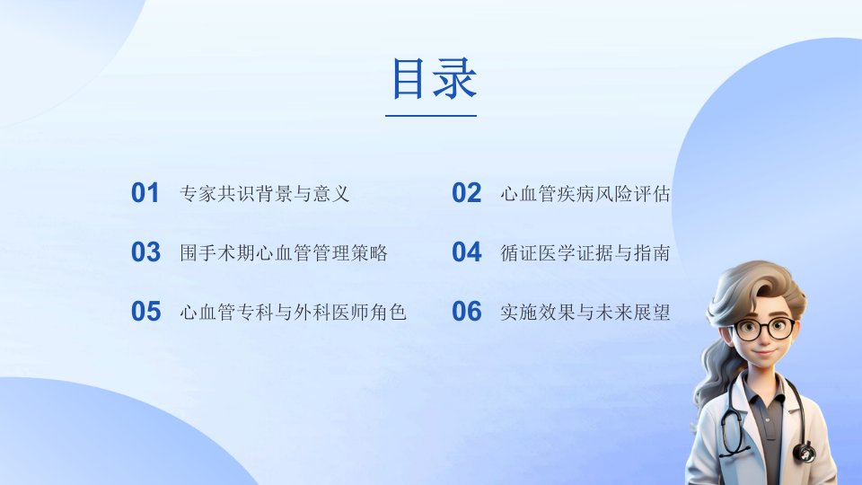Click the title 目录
(x=434, y=79)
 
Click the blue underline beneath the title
(x=431, y=116)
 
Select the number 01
(x=145, y=193)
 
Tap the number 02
(x=466, y=193)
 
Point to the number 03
(x=145, y=252)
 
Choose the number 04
(x=466, y=252)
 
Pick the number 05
(x=145, y=312)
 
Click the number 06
(x=466, y=312)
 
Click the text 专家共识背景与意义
(x=264, y=194)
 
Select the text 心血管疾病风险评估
(x=585, y=194)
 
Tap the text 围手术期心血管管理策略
(x=284, y=253)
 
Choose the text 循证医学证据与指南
(x=585, y=253)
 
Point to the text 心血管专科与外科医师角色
(x=293, y=313)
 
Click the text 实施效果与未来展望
(x=585, y=313)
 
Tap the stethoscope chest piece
(x=804, y=452)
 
